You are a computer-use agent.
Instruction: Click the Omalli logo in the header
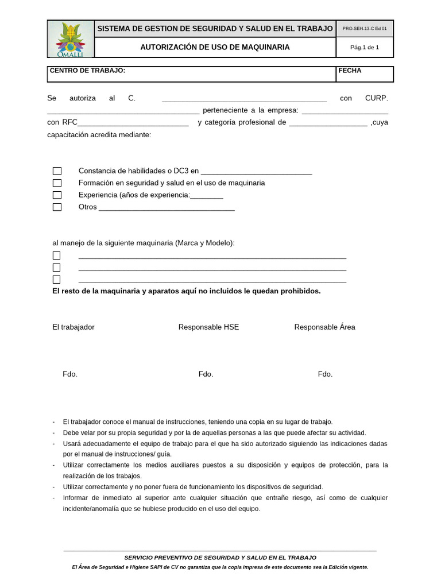pyautogui.click(x=71, y=39)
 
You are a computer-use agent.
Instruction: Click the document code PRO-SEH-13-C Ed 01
pyautogui.click(x=364, y=29)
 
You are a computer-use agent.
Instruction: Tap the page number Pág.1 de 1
pyautogui.click(x=365, y=48)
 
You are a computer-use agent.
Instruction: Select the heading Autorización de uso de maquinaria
pyautogui.click(x=215, y=47)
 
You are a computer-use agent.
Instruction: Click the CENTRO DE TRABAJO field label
pyautogui.click(x=87, y=71)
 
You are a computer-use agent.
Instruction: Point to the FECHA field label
pyautogui.click(x=350, y=71)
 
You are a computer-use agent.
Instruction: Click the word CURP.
pyautogui.click(x=377, y=98)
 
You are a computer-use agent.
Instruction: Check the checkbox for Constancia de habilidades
pyautogui.click(x=57, y=171)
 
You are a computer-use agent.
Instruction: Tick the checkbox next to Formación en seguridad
pyautogui.click(x=57, y=183)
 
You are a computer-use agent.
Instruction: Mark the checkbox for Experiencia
pyautogui.click(x=57, y=195)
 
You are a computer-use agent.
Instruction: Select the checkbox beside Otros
pyautogui.click(x=57, y=207)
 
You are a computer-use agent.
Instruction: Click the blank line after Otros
pyautogui.click(x=167, y=208)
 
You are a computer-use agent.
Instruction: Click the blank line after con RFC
pyautogui.click(x=133, y=123)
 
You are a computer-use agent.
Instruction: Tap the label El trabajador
pyautogui.click(x=73, y=327)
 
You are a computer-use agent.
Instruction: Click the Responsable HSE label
pyautogui.click(x=208, y=327)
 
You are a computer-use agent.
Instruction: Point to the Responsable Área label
pyautogui.click(x=324, y=327)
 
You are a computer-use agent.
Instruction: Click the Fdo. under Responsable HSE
pyautogui.click(x=206, y=374)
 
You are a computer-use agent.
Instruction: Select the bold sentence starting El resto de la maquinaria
pyautogui.click(x=186, y=291)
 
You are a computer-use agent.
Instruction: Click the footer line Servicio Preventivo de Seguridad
pyautogui.click(x=220, y=558)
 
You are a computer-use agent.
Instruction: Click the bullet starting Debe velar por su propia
pyautogui.click(x=214, y=433)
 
